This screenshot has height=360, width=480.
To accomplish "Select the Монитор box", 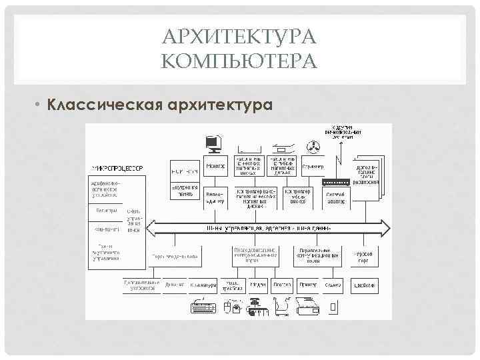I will click(216, 166).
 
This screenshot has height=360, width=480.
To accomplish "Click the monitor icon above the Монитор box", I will click(214, 143).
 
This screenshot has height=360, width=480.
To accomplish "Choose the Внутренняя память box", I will click(183, 191).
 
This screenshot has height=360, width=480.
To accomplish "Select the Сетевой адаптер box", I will click(335, 197).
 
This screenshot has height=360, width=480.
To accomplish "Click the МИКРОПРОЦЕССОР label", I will click(117, 167).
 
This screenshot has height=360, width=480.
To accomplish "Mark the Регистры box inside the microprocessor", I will click(104, 211).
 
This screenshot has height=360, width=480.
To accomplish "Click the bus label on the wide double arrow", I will click(269, 228).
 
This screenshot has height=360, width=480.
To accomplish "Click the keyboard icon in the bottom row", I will click(203, 307).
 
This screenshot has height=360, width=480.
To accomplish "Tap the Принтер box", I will click(307, 285).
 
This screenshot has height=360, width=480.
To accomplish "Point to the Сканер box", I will click(333, 285).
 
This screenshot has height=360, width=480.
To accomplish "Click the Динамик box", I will click(175, 285).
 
